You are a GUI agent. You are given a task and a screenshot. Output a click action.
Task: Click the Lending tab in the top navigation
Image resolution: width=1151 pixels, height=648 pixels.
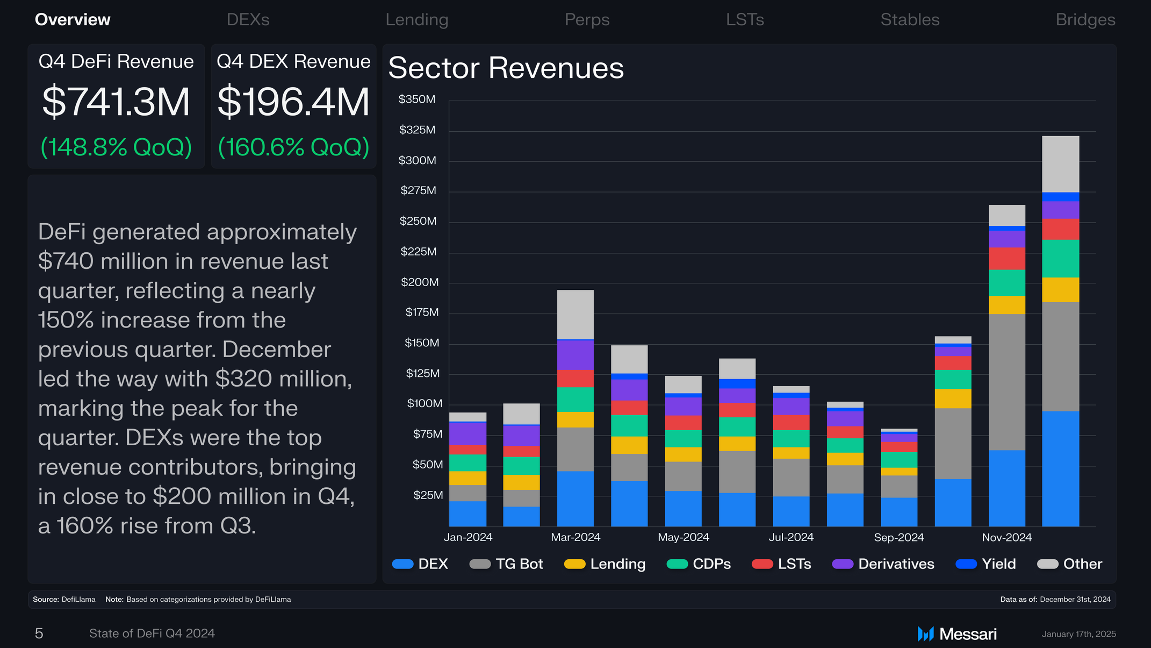[x=417, y=20]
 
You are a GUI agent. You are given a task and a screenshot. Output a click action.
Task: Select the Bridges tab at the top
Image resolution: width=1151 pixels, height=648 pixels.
[x=1085, y=20]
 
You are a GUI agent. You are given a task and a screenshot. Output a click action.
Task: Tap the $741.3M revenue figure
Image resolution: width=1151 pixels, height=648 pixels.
[x=116, y=102]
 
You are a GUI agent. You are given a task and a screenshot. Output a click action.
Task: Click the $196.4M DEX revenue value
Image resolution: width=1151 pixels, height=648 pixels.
[x=293, y=102]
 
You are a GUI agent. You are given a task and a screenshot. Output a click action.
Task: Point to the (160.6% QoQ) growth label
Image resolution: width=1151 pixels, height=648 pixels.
[x=293, y=147]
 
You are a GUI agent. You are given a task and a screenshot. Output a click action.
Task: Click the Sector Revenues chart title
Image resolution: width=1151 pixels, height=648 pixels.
[x=506, y=68]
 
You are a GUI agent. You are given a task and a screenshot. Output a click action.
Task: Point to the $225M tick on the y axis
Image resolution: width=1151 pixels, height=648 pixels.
[x=419, y=252]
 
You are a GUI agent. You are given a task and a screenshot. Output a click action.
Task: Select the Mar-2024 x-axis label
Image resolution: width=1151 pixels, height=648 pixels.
[x=575, y=537]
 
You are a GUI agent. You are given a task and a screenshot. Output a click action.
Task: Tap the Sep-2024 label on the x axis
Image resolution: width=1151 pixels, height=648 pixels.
[x=899, y=537]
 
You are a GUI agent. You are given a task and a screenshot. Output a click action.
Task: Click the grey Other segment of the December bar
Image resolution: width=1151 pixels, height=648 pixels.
[x=1061, y=164]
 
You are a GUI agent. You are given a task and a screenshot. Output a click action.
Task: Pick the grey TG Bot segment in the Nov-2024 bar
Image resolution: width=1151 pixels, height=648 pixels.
[x=1007, y=382]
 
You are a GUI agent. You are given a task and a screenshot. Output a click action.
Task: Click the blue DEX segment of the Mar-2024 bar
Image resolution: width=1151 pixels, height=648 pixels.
[x=575, y=499]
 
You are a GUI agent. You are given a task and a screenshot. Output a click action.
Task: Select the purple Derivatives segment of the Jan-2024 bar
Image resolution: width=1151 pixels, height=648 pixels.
[x=467, y=434]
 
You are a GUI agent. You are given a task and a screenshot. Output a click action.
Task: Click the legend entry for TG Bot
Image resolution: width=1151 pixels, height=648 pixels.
[x=506, y=564]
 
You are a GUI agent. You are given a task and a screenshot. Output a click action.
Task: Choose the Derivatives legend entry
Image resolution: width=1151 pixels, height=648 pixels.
[x=883, y=564]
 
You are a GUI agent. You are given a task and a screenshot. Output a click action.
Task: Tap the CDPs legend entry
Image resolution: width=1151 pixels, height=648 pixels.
[x=699, y=564]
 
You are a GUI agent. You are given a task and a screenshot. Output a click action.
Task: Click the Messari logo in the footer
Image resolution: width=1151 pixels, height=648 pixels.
[x=957, y=634]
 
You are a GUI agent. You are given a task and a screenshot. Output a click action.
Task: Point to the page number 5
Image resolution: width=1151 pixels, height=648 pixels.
[x=39, y=633]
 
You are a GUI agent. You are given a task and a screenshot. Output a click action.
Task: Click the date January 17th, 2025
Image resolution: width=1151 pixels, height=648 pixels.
[x=1079, y=634]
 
